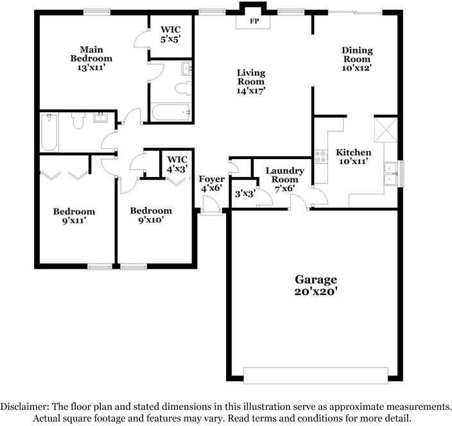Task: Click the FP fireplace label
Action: click(x=254, y=20)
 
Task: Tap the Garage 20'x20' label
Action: click(x=316, y=284)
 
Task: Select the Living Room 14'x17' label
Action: click(x=251, y=81)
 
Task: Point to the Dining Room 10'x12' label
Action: click(x=357, y=58)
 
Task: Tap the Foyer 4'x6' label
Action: click(x=212, y=183)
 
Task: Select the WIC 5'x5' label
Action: click(x=170, y=33)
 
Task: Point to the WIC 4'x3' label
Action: click(x=177, y=165)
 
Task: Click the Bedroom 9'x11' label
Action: click(x=74, y=216)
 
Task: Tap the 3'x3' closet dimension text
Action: click(x=245, y=193)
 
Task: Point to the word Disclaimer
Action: click(x=25, y=407)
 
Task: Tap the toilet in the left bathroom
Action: click(x=78, y=121)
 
